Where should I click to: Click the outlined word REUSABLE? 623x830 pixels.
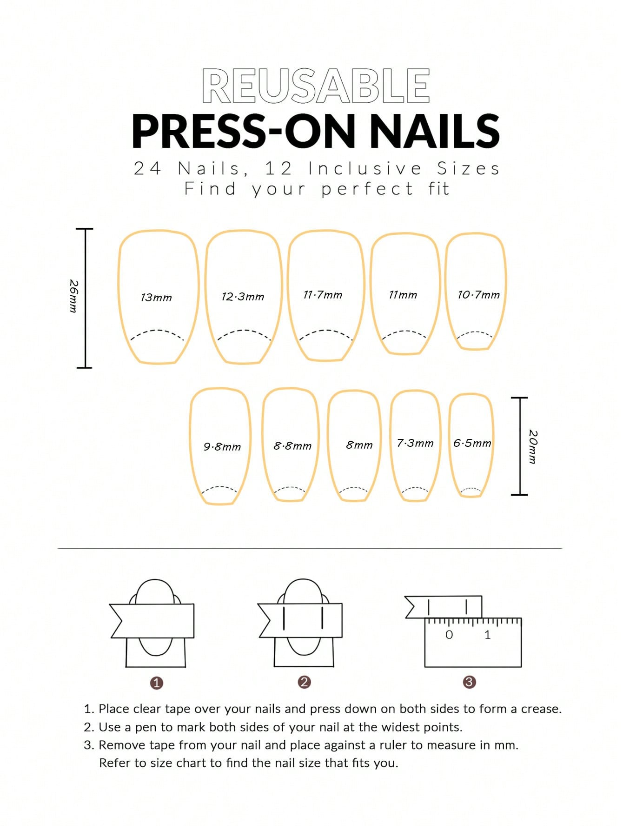[316, 86]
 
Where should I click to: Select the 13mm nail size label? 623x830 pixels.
[156, 298]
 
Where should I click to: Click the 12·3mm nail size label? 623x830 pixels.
[243, 297]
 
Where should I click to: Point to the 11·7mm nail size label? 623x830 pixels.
[323, 295]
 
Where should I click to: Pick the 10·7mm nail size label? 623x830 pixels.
[478, 295]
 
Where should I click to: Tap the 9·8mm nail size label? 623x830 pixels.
[222, 447]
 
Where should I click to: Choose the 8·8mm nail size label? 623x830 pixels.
[292, 446]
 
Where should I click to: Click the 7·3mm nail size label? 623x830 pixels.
[415, 443]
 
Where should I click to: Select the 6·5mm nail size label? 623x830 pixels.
[472, 443]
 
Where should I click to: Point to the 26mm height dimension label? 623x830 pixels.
[73, 296]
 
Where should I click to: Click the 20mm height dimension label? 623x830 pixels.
[533, 447]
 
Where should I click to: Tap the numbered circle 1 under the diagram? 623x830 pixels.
[157, 683]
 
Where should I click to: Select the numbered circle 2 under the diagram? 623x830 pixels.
[304, 682]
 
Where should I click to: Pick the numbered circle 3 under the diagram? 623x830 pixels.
[469, 682]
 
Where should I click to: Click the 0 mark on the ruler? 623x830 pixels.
[449, 635]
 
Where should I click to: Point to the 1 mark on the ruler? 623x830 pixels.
[487, 635]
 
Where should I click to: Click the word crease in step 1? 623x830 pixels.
[541, 709]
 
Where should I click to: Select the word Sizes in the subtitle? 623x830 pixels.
[468, 168]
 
